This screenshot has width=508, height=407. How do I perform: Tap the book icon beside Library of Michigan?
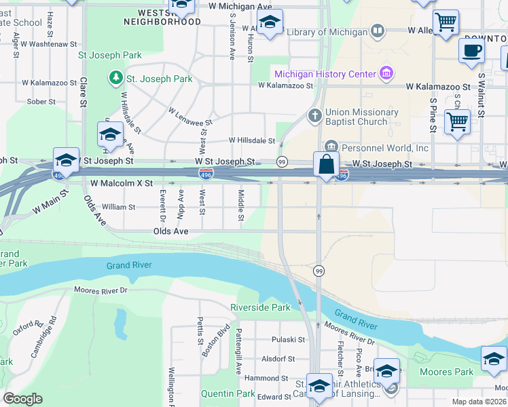point(377,31)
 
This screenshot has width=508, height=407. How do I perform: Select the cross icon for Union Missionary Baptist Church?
point(314,115)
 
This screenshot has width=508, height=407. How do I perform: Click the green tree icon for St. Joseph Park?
point(115,79)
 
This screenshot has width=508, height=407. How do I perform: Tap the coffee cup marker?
point(471,51)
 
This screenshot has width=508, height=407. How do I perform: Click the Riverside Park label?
point(261,307)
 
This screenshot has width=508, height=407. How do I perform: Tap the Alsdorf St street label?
point(278,359)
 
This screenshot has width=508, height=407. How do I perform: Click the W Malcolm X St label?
point(122,183)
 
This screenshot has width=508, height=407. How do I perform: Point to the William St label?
point(114,207)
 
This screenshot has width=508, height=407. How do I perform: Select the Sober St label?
point(41,102)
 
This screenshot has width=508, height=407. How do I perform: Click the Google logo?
point(22,399)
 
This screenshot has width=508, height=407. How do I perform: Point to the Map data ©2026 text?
point(479,402)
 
